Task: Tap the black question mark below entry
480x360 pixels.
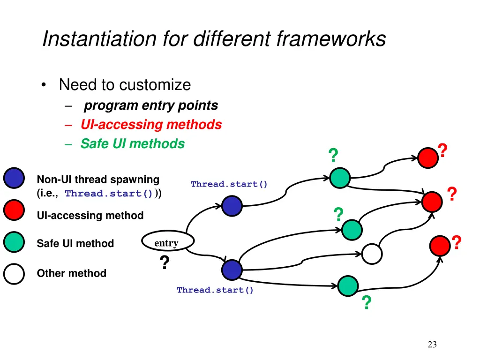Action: click(164, 263)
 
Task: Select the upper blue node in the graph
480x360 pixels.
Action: click(232, 206)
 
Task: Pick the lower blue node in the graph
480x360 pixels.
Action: click(232, 270)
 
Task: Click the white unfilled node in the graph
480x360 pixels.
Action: click(372, 254)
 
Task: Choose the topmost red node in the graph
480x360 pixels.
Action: click(428, 158)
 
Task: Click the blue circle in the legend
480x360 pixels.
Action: click(14, 178)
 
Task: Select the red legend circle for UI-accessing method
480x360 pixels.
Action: click(14, 210)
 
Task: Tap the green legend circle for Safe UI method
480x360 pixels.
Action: click(14, 242)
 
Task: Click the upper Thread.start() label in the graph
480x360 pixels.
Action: click(229, 184)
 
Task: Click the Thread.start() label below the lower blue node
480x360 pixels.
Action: click(215, 290)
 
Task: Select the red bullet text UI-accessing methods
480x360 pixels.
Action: click(151, 125)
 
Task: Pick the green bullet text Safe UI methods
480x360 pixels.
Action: click(133, 144)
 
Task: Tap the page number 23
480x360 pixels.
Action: click(432, 345)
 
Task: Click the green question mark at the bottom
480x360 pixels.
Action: click(367, 304)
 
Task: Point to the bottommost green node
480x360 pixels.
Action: click(348, 285)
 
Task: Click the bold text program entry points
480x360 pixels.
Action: click(151, 106)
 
